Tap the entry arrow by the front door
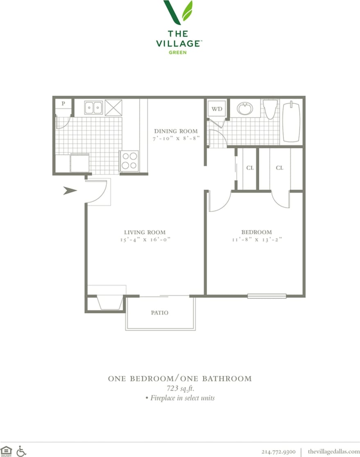70,190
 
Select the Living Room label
145,232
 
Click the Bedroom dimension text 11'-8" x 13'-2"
256,240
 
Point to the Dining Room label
176,131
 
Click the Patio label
159,312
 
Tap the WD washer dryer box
217,109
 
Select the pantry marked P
63,104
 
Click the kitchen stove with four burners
129,160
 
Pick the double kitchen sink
94,108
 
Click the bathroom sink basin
245,109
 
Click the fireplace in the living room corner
110,303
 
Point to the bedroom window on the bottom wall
267,296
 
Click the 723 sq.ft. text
179,388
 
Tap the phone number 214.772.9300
278,451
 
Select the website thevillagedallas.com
333,451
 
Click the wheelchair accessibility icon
21,451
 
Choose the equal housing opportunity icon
6,451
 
